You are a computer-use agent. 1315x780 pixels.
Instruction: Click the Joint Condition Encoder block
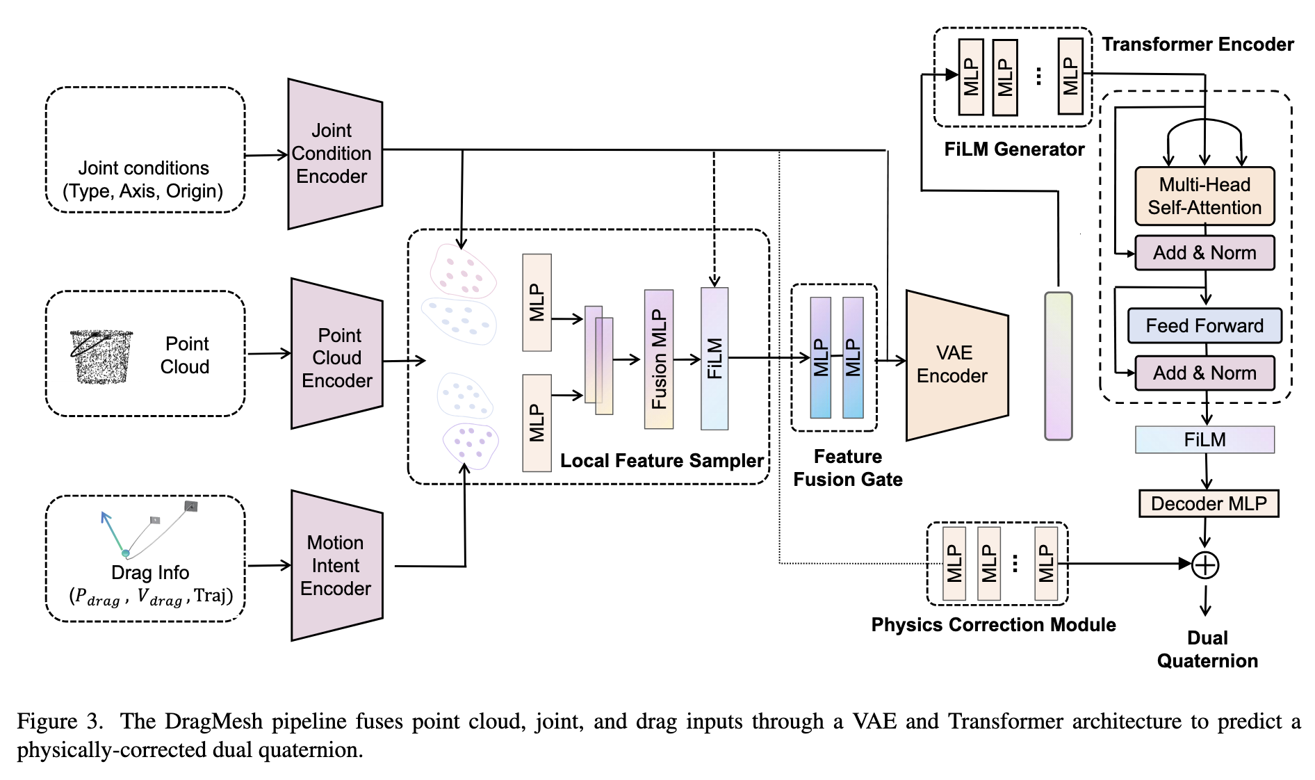(335, 154)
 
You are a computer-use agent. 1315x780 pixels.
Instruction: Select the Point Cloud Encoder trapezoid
(337, 354)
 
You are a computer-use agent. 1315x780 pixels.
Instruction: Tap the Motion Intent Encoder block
(337, 565)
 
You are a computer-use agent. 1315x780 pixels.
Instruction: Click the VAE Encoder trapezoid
(957, 365)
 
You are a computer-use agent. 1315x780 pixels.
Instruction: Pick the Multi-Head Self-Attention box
(1204, 196)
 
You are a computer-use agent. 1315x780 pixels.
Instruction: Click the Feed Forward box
(1204, 325)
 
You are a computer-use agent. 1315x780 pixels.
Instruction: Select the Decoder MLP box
(1209, 503)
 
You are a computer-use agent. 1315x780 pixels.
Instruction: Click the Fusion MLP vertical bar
(659, 359)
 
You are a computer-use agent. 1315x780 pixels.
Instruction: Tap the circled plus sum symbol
(1205, 565)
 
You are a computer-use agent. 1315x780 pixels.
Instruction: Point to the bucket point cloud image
(101, 357)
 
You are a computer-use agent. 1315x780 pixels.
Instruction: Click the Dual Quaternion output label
(1207, 649)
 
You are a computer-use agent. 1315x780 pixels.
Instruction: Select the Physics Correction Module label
(993, 625)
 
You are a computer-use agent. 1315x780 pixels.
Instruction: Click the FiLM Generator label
(1014, 149)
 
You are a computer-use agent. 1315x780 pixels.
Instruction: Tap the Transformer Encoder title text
(1198, 44)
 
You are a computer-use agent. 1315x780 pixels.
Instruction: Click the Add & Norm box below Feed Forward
(1204, 373)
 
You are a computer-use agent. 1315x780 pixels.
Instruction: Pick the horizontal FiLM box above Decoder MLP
(1204, 439)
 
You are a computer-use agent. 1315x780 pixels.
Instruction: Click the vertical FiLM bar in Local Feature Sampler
(714, 359)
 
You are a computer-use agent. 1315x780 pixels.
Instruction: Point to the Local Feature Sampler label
(662, 461)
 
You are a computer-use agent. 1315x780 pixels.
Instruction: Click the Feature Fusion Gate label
(848, 468)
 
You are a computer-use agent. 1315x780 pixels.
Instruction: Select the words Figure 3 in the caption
(60, 721)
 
